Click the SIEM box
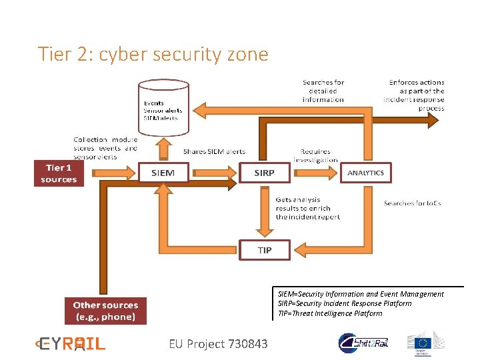(163, 173)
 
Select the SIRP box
(264, 173)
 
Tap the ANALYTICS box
(365, 173)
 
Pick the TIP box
(265, 250)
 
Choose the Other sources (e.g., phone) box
(105, 311)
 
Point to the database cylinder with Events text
(163, 107)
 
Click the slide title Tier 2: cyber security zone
(153, 53)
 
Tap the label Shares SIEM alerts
(214, 151)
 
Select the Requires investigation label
(315, 155)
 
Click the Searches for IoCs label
(413, 203)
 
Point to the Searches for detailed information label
(323, 91)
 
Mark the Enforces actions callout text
(415, 95)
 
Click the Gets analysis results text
(308, 208)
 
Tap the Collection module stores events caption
(105, 148)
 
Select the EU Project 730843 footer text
(218, 344)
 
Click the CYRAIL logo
(70, 344)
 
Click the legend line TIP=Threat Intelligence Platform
(330, 313)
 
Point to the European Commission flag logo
(425, 341)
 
